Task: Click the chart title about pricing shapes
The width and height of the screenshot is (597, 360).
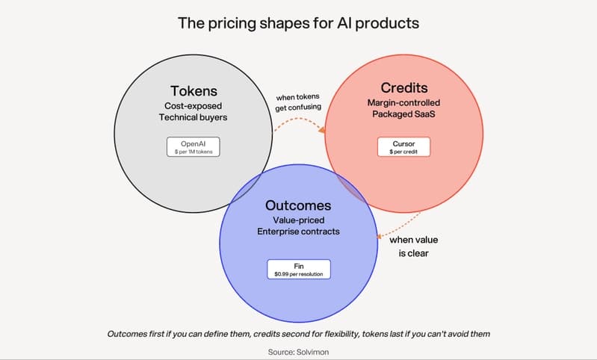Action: coord(298,24)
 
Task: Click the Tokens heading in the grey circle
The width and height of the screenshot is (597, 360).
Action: coord(194,91)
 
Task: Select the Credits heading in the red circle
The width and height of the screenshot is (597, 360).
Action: coord(404,88)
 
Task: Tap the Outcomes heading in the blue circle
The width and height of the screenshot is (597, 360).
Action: coord(298,205)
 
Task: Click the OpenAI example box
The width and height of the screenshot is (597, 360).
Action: coord(194,147)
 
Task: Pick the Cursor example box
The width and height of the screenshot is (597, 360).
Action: coord(404,147)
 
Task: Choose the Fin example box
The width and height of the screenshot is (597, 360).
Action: coord(299,270)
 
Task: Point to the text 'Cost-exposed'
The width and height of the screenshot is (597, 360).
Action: coord(193,106)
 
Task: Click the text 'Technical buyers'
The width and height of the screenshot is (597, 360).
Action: coord(193,117)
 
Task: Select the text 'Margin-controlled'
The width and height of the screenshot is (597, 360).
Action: coord(403,103)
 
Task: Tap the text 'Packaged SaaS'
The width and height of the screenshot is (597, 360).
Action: coord(403,114)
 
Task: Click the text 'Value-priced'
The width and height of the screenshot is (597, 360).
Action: coord(299,220)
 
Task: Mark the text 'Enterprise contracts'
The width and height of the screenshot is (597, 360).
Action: coord(298,232)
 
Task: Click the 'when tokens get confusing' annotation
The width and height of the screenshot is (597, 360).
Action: coord(297,102)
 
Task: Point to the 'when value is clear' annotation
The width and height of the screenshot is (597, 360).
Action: coord(413,246)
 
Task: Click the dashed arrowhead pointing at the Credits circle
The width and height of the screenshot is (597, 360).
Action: coord(322,130)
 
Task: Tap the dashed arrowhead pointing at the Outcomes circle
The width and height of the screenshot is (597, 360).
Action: coord(380,237)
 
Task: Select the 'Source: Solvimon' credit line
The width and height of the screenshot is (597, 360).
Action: coord(298,352)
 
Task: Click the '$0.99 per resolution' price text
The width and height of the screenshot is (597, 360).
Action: coord(299,274)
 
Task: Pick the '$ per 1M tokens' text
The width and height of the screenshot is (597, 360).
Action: coord(194,152)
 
